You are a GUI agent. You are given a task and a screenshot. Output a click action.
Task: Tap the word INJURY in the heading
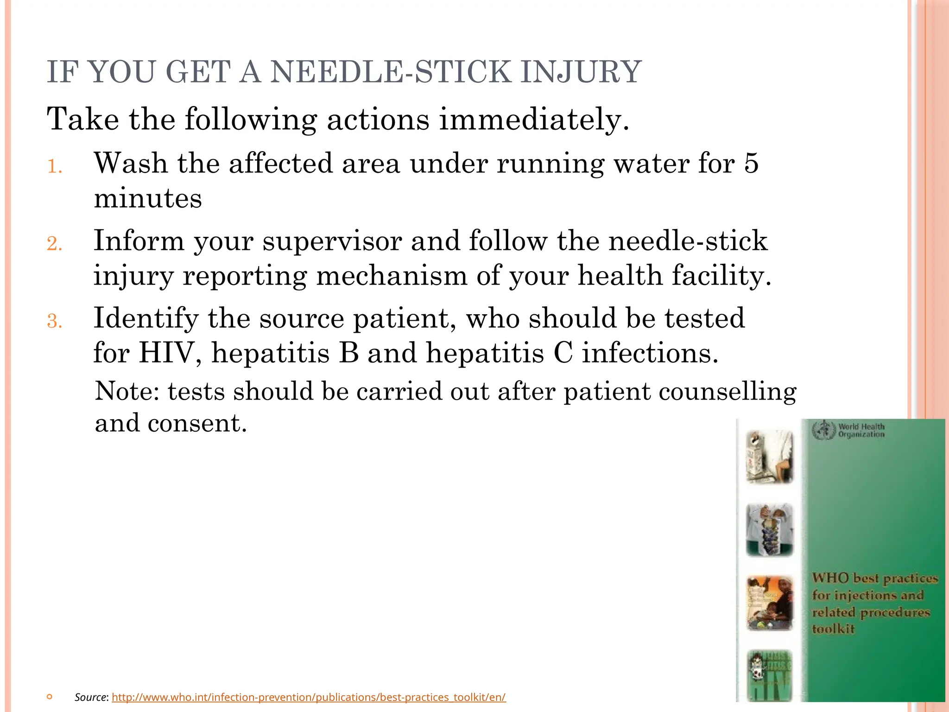(x=581, y=72)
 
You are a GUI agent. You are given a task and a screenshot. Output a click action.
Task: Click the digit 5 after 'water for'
(x=751, y=164)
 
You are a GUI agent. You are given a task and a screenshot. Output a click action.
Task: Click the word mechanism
(x=392, y=276)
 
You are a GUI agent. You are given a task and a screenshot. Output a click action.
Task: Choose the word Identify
(x=146, y=318)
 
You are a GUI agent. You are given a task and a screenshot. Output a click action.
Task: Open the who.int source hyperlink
(x=309, y=697)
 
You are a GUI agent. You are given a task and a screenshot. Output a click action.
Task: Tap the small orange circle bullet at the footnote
(x=50, y=697)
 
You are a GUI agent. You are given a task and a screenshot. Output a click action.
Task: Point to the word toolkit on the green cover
(x=833, y=629)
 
